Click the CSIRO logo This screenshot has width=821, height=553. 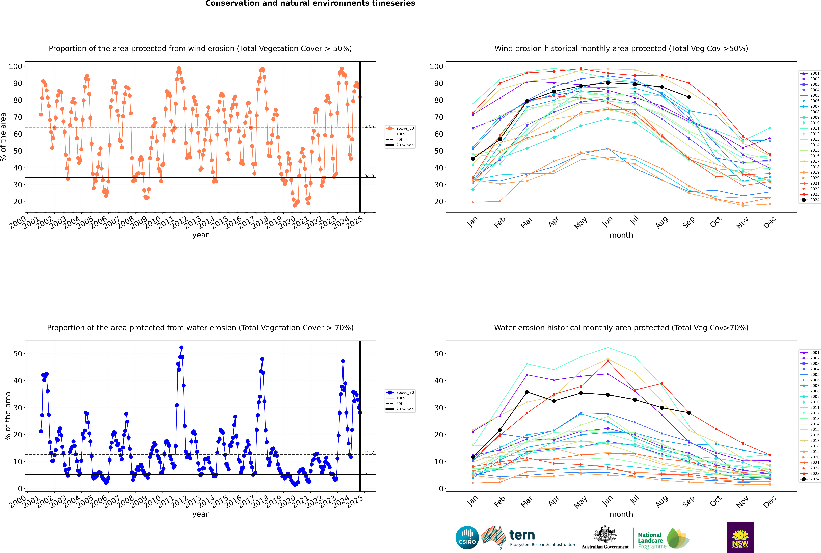[x=467, y=538]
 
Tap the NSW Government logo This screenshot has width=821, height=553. [x=740, y=537]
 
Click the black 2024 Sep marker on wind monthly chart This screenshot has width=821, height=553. [x=689, y=97]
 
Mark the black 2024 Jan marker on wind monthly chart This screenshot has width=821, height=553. [x=473, y=159]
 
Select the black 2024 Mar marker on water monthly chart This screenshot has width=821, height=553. [x=527, y=392]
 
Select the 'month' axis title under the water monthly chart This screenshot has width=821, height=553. [x=621, y=514]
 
